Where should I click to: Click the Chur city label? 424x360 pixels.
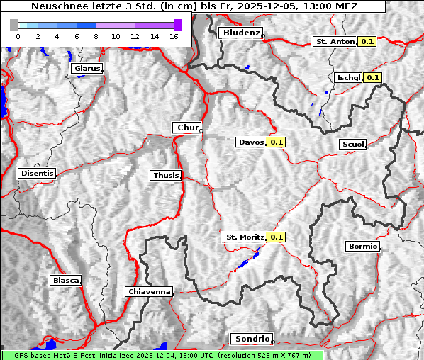point(187,128)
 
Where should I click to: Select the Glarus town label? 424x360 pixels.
point(87,69)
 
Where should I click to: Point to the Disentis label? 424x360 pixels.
point(37,174)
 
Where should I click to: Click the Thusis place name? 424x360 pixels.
point(166,176)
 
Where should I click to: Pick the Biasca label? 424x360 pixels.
point(65,281)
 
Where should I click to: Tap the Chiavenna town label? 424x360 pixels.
point(149,291)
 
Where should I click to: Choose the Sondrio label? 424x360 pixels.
point(251,339)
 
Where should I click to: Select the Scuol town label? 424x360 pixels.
point(353,145)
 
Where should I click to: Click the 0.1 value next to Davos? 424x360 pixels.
point(277,142)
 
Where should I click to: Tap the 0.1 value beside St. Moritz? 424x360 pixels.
point(276,237)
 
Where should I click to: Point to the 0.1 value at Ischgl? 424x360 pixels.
point(373,78)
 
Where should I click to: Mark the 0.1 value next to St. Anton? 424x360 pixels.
point(367,42)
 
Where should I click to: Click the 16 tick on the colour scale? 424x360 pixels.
point(173,36)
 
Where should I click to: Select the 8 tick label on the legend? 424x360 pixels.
point(95,36)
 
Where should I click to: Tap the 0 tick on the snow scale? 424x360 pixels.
point(17,36)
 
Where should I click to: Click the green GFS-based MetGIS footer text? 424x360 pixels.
point(162,355)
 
